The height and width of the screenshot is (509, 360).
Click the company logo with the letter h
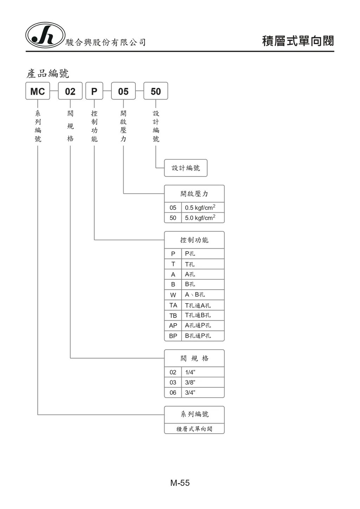click(45, 35)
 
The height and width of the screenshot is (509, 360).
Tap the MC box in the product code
click(38, 91)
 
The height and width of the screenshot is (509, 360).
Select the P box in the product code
click(94, 91)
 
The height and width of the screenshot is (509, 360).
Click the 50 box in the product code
click(156, 91)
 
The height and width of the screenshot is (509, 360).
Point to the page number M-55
click(180, 483)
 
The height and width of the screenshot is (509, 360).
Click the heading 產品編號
click(48, 73)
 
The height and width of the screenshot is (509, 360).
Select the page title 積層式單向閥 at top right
click(298, 41)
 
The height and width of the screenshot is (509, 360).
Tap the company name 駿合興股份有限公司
click(105, 43)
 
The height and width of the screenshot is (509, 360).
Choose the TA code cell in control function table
click(173, 305)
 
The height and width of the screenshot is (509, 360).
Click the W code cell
click(173, 295)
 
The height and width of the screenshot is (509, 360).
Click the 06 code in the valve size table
click(173, 393)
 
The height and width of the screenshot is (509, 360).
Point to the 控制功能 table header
click(194, 240)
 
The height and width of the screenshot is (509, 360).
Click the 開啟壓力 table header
click(194, 194)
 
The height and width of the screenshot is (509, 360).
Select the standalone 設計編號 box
click(186, 168)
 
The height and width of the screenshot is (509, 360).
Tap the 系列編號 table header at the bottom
click(194, 414)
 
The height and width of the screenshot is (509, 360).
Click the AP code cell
click(173, 326)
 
